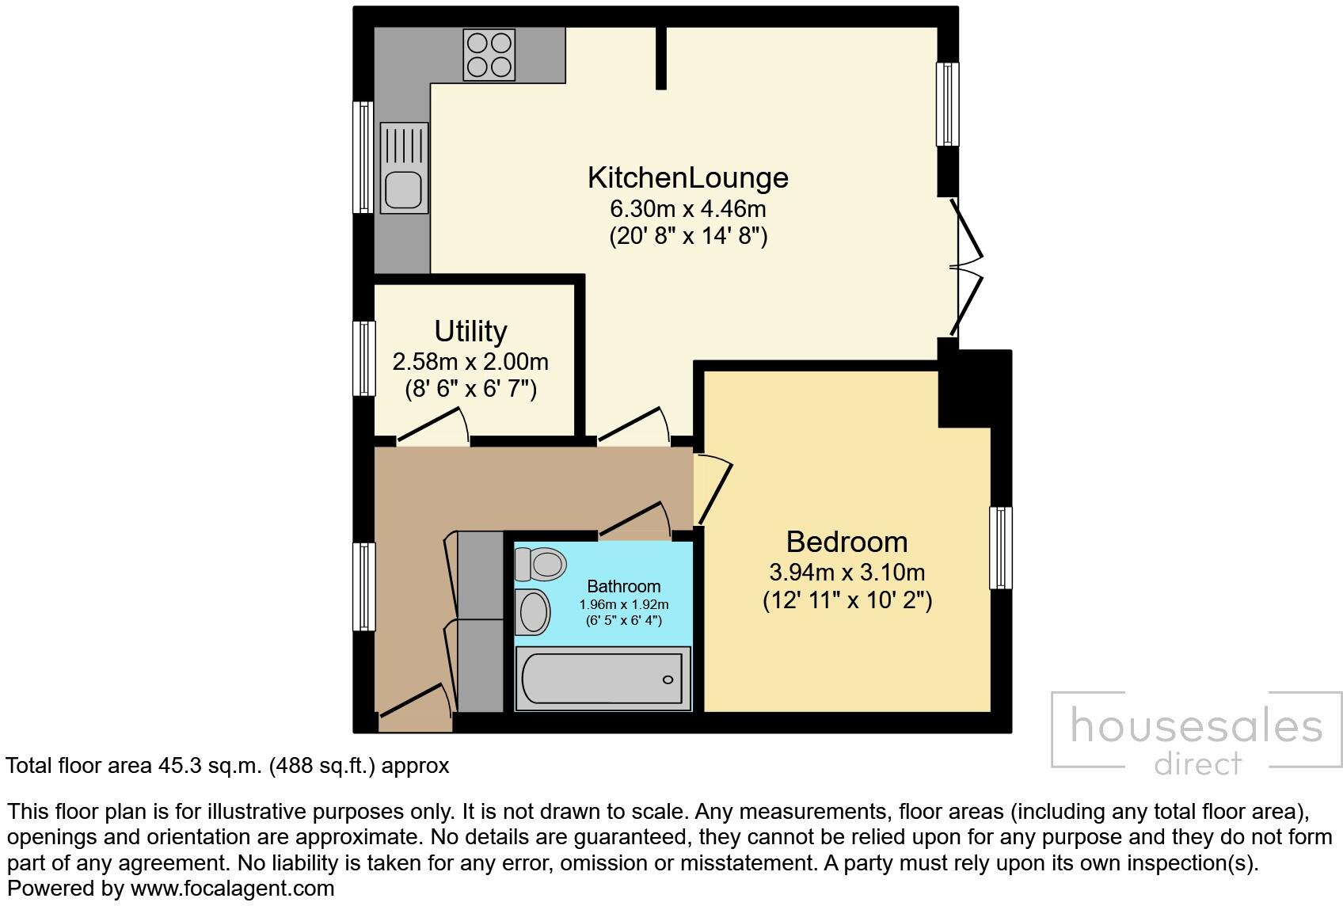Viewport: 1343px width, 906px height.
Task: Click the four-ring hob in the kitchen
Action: [x=489, y=54]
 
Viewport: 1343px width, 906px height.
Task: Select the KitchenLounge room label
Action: [x=687, y=177]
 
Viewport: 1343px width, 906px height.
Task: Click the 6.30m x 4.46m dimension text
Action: [x=687, y=209]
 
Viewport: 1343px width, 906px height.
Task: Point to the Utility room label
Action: [x=470, y=331]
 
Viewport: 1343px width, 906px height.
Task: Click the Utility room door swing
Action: [x=434, y=426]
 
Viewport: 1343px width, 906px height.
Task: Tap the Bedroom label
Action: [x=847, y=542]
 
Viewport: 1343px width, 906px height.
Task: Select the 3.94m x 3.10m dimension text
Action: [x=847, y=572]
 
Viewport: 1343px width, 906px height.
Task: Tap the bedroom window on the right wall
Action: [x=1001, y=548]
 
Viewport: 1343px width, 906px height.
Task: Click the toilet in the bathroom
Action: [x=541, y=564]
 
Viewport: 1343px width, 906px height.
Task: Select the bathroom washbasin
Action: [x=534, y=611]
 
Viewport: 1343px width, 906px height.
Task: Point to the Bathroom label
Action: [x=623, y=586]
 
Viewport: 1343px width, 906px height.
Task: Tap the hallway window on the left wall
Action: [x=363, y=586]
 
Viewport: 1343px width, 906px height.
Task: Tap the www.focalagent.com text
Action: [x=232, y=889]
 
